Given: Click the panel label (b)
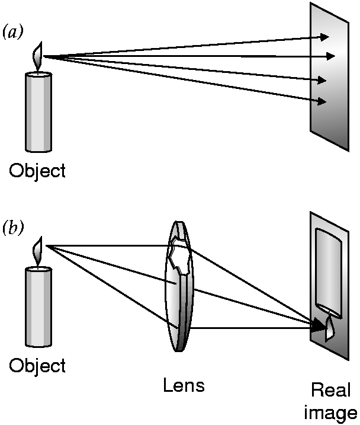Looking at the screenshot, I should [x=13, y=228].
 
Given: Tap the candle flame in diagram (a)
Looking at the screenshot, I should [x=38, y=55].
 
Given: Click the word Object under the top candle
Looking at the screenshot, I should [x=37, y=171].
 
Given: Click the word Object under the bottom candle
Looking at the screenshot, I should [x=37, y=365].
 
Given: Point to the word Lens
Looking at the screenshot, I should [x=184, y=386].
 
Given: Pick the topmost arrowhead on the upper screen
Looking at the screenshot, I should [x=324, y=37].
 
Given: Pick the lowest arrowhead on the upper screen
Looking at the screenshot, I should [x=322, y=101].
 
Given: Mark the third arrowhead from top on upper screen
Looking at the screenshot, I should [x=323, y=80].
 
